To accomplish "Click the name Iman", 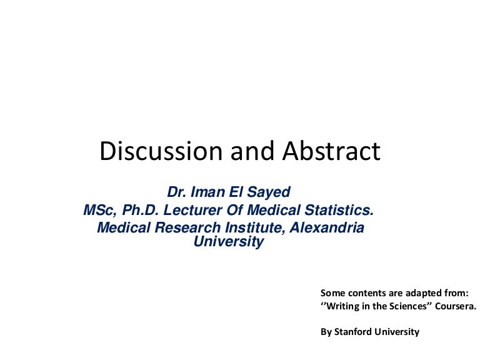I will (212, 192).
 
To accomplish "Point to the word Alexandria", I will (327, 228).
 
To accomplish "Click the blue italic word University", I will (229, 242).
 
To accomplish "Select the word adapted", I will (423, 292).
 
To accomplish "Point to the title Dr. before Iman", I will (177, 192).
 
